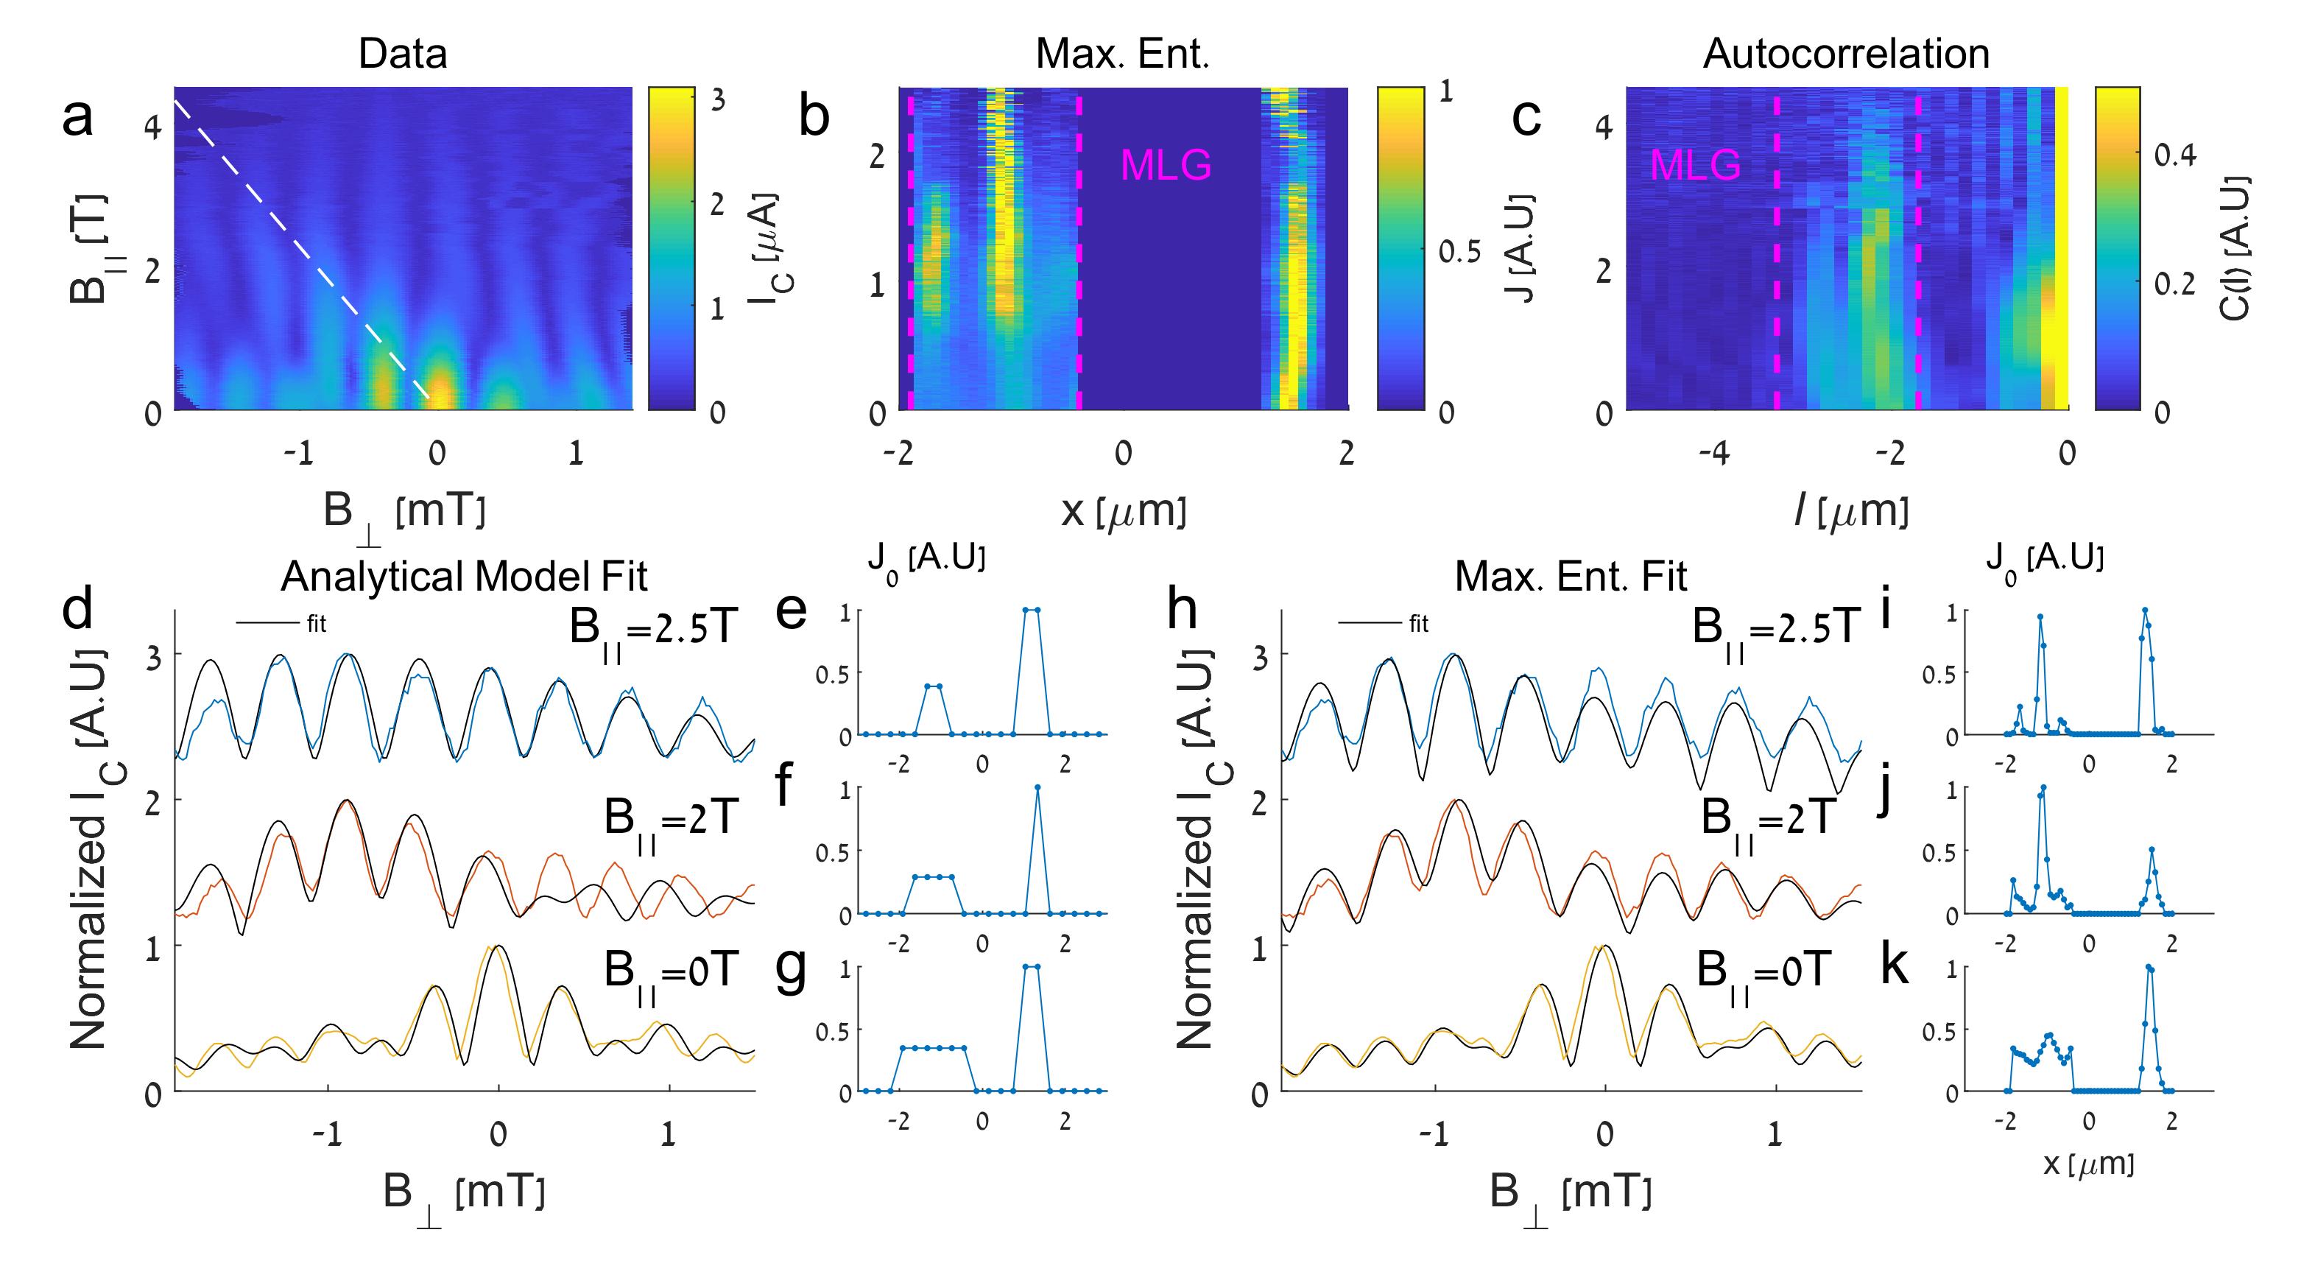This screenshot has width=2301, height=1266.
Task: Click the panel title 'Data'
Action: (402, 54)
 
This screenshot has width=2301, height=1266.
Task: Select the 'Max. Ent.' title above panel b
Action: (1122, 54)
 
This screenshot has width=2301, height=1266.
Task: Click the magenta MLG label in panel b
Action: (1166, 165)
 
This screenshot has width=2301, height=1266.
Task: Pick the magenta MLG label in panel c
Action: (1694, 165)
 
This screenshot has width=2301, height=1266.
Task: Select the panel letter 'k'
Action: (1894, 965)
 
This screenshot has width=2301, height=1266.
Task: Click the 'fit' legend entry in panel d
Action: (316, 624)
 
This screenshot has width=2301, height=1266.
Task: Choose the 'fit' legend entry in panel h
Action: (1418, 624)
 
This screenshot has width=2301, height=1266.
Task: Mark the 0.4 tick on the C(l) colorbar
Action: (2174, 155)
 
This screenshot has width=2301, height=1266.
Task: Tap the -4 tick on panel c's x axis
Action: (1713, 454)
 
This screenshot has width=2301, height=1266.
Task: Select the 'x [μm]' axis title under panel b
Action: (1123, 511)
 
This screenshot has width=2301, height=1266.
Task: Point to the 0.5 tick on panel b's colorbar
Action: (1459, 252)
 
